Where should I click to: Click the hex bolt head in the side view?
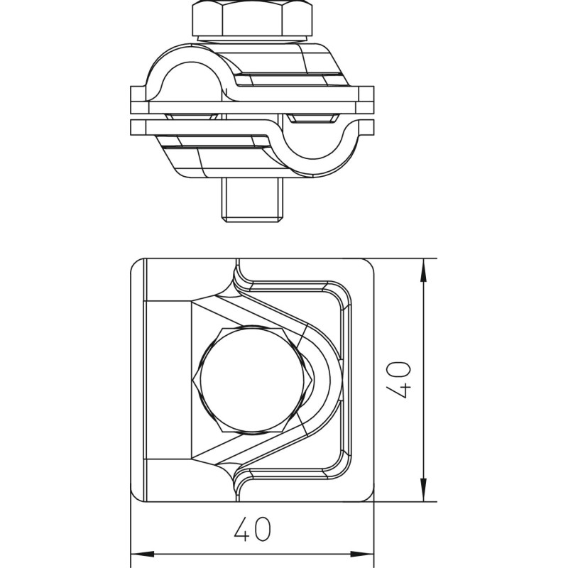coord(252,18)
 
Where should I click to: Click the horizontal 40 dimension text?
coord(252,529)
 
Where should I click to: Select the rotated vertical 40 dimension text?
coord(398,381)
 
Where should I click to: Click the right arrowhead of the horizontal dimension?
coord(362,555)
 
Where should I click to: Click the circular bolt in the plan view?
coord(253,380)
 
